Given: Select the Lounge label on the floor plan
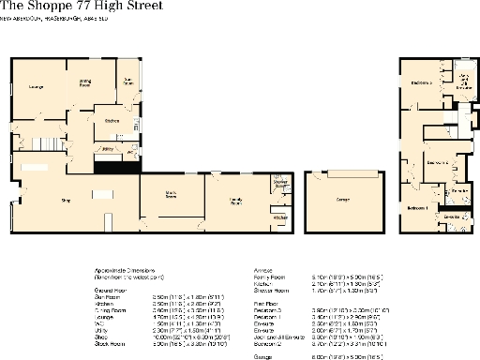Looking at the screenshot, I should click(x=37, y=88).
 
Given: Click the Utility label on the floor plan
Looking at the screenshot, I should click(x=108, y=148).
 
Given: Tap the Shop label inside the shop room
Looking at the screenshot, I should click(x=66, y=200).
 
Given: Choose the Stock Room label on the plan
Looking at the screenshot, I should click(x=171, y=196).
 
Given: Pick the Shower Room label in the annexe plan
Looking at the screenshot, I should click(x=279, y=184).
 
